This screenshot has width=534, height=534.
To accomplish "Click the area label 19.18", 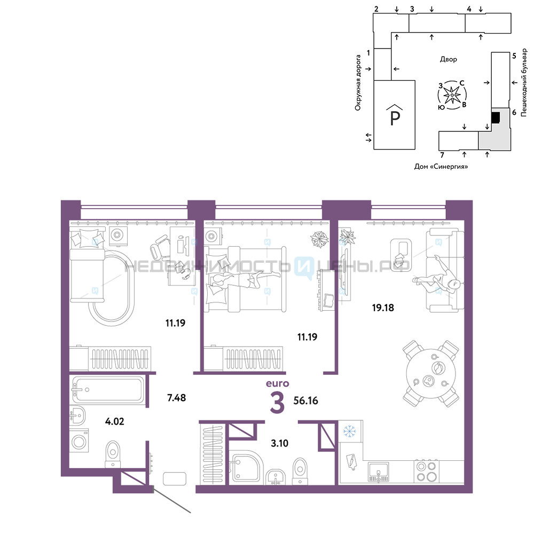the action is pyautogui.click(x=383, y=308).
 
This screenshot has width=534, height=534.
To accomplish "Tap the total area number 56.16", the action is pyautogui.click(x=305, y=400).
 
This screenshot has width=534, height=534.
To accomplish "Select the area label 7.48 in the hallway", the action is pyautogui.click(x=176, y=397).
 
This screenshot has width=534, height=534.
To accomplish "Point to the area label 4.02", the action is pyautogui.click(x=114, y=421).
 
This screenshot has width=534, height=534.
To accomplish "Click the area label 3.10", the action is pyautogui.click(x=279, y=443).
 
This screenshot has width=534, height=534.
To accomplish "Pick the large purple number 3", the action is pyautogui.click(x=277, y=402).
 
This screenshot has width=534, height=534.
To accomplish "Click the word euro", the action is pyautogui.click(x=278, y=383).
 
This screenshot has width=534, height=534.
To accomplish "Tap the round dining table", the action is pyautogui.click(x=431, y=373).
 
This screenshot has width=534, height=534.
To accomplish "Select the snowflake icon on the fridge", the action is pyautogui.click(x=349, y=431).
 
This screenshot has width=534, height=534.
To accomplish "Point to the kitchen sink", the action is pyautogui.click(x=378, y=472).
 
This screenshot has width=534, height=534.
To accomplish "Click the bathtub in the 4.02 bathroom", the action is pyautogui.click(x=108, y=390).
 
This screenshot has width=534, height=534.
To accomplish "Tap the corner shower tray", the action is pyautogui.click(x=246, y=467).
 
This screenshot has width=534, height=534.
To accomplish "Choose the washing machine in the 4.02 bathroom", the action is pyautogui.click(x=79, y=441).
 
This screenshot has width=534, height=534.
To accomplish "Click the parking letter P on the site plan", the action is pyautogui.click(x=395, y=118).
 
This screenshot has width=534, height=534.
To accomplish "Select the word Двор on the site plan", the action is pyautogui.click(x=449, y=59).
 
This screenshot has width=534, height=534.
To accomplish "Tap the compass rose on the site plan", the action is pyautogui.click(x=452, y=95).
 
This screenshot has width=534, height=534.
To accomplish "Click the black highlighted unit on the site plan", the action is pyautogui.click(x=495, y=117).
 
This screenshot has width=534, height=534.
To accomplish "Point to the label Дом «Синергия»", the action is pyautogui.click(x=441, y=167).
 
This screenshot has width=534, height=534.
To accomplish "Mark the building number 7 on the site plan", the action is pyautogui.click(x=442, y=155).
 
